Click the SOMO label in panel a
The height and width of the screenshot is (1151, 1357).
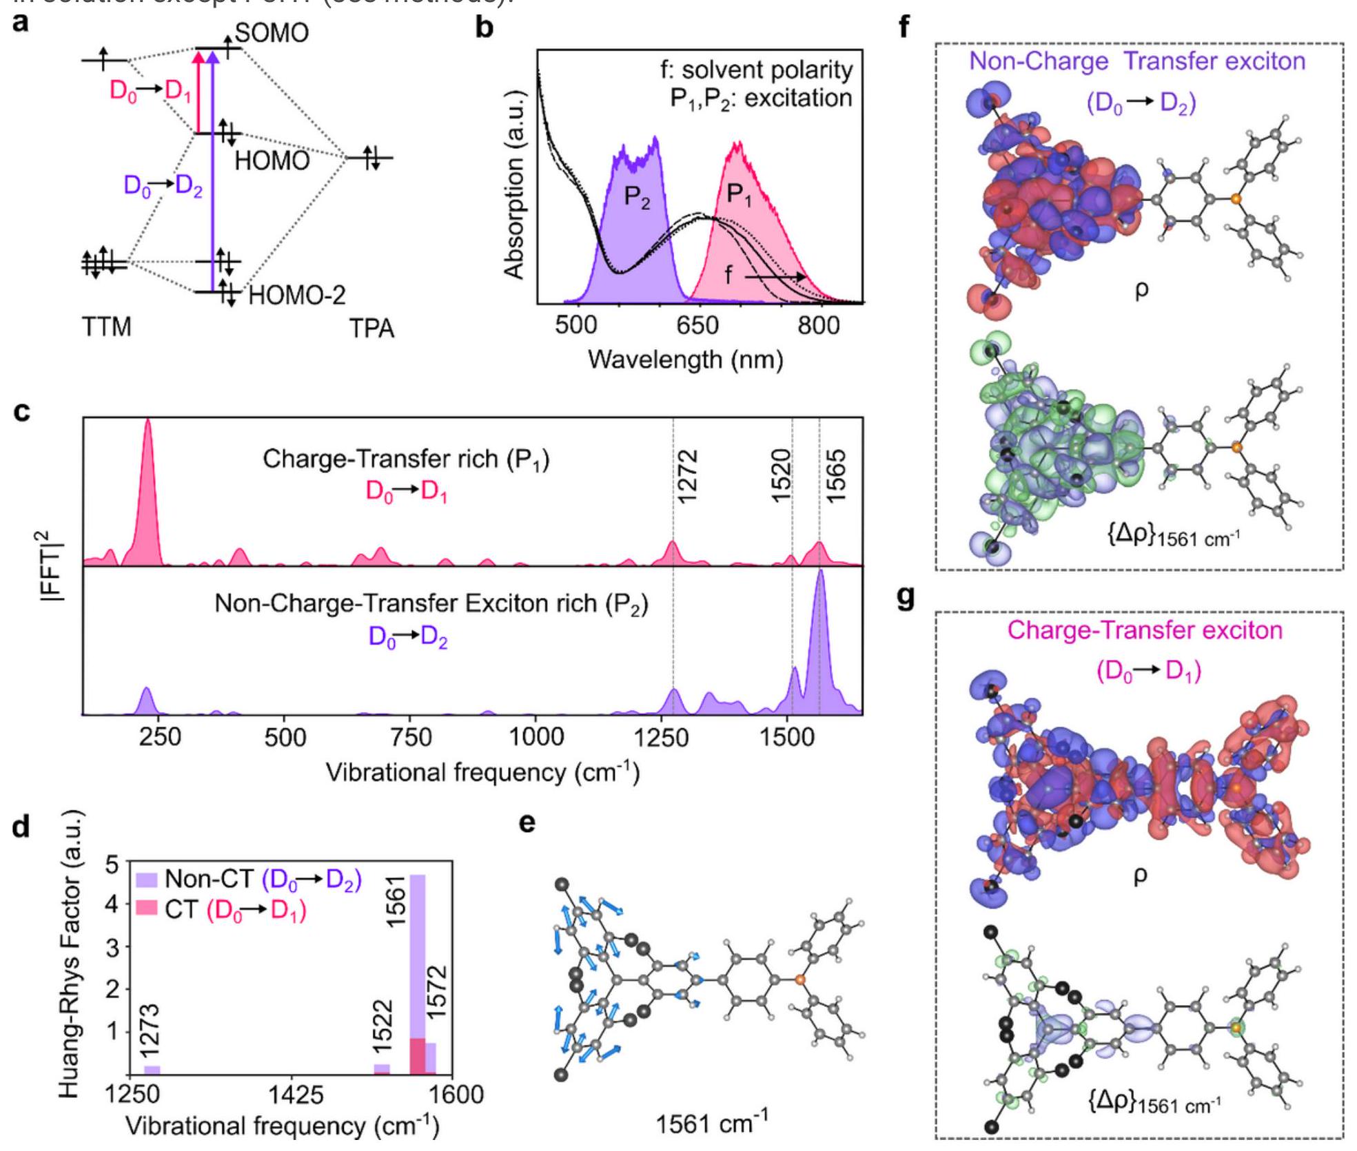tap(272, 32)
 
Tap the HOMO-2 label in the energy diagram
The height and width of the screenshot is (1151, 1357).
tap(297, 295)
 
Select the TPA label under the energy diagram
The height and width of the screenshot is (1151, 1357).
tap(371, 329)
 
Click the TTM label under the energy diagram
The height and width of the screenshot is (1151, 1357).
tap(107, 326)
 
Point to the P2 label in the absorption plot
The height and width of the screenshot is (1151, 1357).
tap(637, 198)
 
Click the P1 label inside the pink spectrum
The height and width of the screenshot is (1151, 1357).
tap(739, 196)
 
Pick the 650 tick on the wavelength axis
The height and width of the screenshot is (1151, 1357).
tap(697, 324)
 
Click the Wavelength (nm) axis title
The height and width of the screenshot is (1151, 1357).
tap(685, 360)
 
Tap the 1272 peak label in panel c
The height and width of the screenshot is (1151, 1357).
tap(688, 477)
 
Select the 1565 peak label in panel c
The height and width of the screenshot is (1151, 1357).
tap(835, 477)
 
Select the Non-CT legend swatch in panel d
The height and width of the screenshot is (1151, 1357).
tap(147, 880)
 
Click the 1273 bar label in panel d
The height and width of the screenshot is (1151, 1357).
tap(150, 1030)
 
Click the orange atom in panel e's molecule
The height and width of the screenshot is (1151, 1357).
tap(799, 979)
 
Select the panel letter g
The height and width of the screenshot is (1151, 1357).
tap(906, 597)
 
